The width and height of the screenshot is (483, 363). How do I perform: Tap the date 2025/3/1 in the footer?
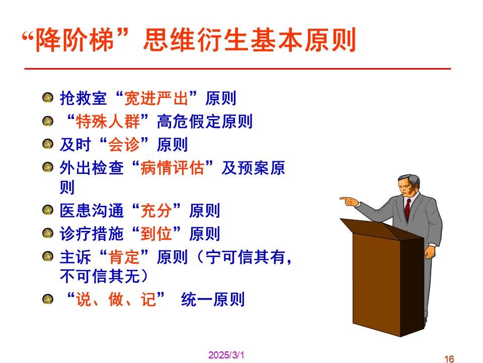(x=226, y=355)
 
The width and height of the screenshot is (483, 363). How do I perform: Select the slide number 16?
(x=449, y=358)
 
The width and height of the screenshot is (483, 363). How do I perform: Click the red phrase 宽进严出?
(x=156, y=98)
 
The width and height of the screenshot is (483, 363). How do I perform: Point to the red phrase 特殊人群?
(x=108, y=122)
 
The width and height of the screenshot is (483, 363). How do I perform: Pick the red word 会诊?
(x=124, y=145)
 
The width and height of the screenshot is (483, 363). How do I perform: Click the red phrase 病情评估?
(x=172, y=168)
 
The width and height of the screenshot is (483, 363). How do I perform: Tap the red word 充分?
(x=156, y=211)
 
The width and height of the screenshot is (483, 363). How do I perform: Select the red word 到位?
(x=156, y=234)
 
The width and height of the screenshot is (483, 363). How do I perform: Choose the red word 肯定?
(x=124, y=257)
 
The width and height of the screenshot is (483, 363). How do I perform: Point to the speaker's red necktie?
(x=408, y=209)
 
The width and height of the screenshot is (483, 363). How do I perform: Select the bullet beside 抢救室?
(x=48, y=97)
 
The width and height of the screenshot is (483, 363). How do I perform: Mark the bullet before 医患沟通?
(x=48, y=210)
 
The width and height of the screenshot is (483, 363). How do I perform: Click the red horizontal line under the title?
(x=237, y=69)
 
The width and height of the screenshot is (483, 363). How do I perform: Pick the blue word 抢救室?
(x=84, y=98)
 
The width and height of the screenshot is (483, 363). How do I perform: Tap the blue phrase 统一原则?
(x=213, y=299)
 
